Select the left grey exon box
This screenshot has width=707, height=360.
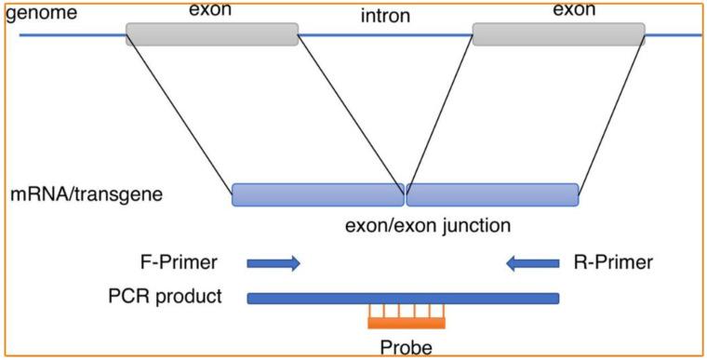point(212,34)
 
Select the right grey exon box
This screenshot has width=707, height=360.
point(558,34)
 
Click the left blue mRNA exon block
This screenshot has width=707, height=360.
point(317,194)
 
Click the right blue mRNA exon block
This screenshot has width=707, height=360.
point(492,194)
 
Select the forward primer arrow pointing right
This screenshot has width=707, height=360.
point(273,264)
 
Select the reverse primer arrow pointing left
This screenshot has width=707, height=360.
point(532,264)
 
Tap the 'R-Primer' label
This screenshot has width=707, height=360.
point(614,263)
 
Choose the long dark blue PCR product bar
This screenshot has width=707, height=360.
point(403,298)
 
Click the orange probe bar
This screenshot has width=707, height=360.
point(406,323)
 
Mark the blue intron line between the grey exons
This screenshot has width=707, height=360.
point(385,35)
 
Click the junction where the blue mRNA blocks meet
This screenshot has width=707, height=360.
point(405,194)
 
